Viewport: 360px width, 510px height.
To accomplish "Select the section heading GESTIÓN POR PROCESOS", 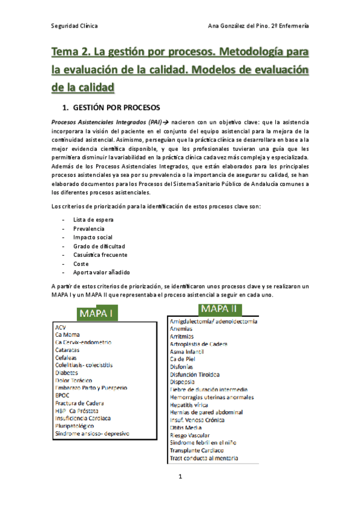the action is [x=115, y=108].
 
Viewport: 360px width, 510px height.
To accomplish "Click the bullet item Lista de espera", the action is [x=93, y=220].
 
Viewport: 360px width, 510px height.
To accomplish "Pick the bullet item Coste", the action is [x=81, y=263].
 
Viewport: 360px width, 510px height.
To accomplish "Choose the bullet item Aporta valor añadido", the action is [x=102, y=272].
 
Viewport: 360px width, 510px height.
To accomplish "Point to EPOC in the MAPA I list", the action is [x=62, y=396].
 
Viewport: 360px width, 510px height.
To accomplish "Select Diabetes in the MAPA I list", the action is [x=67, y=372].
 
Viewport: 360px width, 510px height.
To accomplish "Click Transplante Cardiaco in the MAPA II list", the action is [x=198, y=450].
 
